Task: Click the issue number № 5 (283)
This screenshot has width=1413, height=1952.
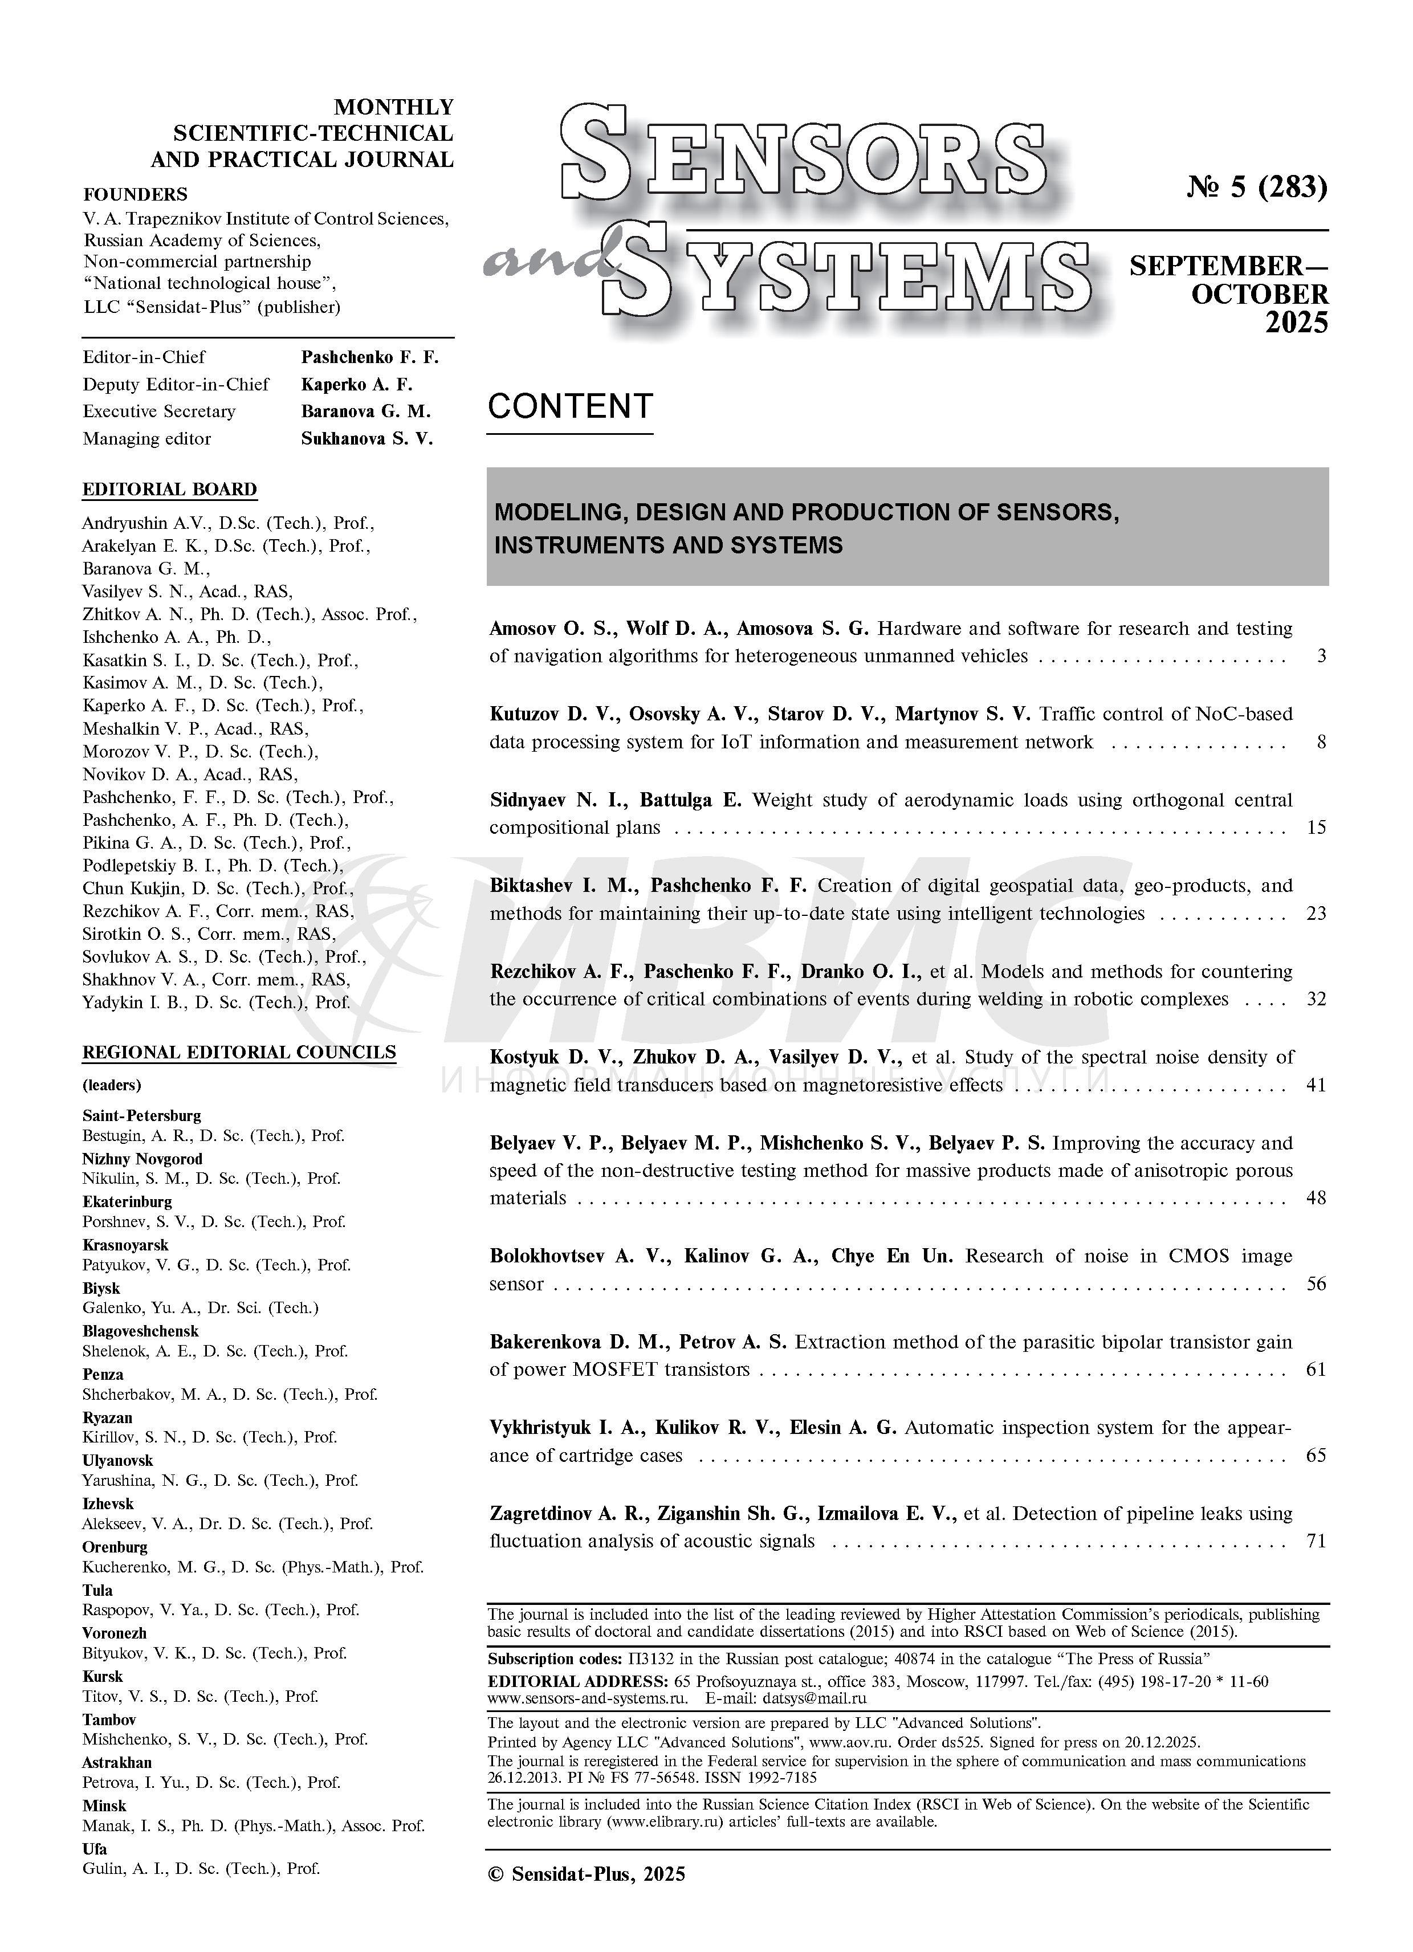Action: click(1256, 187)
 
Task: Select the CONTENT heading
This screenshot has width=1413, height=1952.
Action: click(569, 406)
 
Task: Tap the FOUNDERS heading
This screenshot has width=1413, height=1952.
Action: click(135, 194)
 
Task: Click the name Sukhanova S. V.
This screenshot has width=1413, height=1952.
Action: click(367, 439)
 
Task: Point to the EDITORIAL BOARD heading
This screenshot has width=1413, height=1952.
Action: click(169, 490)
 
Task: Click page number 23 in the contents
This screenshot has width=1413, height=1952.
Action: click(1316, 913)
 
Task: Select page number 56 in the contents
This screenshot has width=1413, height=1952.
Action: click(1316, 1284)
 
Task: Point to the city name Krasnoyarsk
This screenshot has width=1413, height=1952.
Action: click(125, 1245)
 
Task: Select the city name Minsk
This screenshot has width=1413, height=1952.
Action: click(104, 1806)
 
